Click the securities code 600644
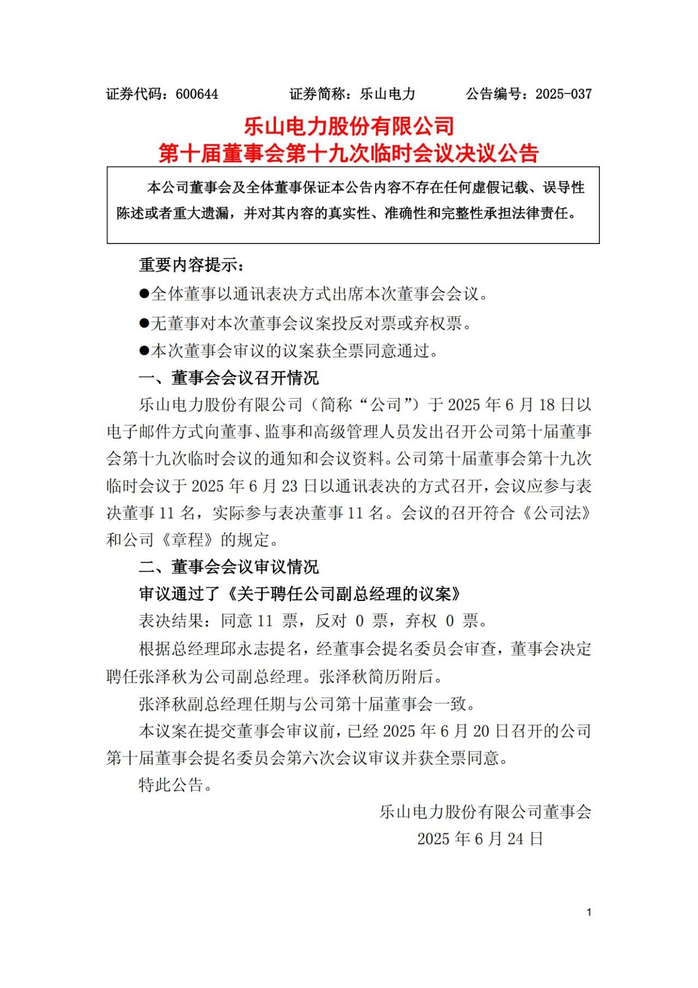(x=197, y=94)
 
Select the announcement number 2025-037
(x=563, y=94)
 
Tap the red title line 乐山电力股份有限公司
(x=349, y=127)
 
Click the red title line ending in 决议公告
(x=349, y=153)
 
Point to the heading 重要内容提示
(x=191, y=265)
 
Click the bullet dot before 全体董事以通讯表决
(x=144, y=294)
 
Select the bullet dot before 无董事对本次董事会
(x=144, y=323)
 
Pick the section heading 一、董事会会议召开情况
(x=228, y=378)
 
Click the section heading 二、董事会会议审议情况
(x=228, y=567)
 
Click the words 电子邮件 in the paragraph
(x=139, y=432)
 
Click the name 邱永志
(x=245, y=648)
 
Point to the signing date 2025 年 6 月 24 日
(x=480, y=839)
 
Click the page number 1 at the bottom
(x=589, y=912)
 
